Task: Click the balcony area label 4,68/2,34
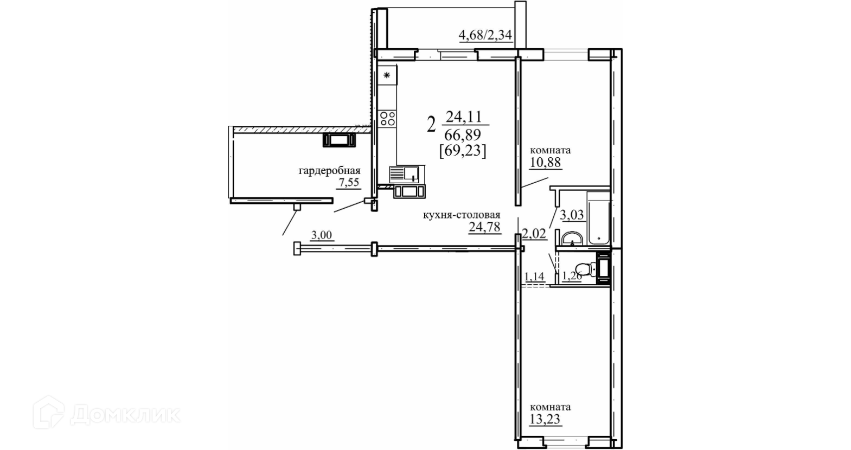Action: [485, 35]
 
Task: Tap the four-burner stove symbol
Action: [387, 118]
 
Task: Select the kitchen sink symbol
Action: [404, 175]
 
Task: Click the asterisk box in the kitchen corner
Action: [387, 75]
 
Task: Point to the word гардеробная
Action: [329, 171]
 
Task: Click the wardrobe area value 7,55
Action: [349, 183]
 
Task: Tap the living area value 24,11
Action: [464, 117]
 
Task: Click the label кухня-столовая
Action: [462, 215]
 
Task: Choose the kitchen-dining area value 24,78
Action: [484, 227]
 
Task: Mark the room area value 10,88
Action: [545, 163]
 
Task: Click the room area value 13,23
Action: [545, 419]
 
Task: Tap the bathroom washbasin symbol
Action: [572, 239]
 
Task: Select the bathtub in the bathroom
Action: [598, 218]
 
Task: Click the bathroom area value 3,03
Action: [572, 215]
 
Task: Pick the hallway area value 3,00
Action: [322, 235]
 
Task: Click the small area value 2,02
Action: [534, 234]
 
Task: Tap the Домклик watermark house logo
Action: [48, 413]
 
